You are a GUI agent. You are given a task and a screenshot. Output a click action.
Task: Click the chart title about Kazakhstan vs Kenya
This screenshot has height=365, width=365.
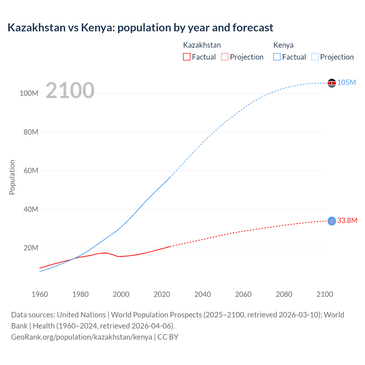click(x=140, y=28)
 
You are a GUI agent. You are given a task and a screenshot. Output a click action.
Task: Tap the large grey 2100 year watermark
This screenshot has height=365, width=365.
click(x=70, y=90)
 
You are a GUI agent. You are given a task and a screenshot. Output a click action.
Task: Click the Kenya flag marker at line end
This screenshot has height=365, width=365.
click(x=332, y=83)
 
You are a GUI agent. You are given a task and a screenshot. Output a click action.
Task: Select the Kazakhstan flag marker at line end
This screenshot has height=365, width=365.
click(x=332, y=221)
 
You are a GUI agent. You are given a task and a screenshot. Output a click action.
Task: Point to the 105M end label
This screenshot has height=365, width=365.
click(x=346, y=83)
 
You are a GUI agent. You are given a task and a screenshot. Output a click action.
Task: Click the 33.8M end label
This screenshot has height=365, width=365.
click(x=347, y=220)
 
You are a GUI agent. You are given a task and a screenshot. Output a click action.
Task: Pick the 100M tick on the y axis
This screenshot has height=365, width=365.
click(x=29, y=94)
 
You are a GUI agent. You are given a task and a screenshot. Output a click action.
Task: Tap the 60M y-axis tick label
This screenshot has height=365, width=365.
click(x=31, y=171)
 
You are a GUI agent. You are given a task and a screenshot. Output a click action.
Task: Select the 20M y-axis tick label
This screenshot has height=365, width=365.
click(x=31, y=248)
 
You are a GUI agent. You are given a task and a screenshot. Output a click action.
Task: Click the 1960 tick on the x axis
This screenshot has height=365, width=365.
click(x=40, y=294)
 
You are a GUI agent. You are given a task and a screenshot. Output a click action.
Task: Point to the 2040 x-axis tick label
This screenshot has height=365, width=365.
click(x=202, y=294)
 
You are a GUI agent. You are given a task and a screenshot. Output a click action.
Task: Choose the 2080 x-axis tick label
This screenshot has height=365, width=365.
click(x=284, y=294)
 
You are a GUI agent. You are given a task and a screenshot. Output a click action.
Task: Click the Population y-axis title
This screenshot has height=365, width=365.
click(x=12, y=177)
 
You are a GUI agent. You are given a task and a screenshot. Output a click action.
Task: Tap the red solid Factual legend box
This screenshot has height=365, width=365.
click(x=186, y=57)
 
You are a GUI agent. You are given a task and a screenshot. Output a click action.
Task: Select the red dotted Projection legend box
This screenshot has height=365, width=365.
click(x=225, y=57)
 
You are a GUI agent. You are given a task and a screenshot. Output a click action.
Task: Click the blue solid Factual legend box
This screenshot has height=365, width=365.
click(x=277, y=57)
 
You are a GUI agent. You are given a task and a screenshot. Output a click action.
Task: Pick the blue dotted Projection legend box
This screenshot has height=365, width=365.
click(x=315, y=57)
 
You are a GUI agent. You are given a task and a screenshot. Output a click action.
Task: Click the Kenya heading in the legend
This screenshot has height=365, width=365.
click(x=283, y=45)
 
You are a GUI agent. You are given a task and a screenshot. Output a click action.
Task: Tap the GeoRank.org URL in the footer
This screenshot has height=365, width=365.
click(x=82, y=337)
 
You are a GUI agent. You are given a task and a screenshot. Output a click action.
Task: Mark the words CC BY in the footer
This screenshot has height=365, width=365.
click(x=168, y=337)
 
